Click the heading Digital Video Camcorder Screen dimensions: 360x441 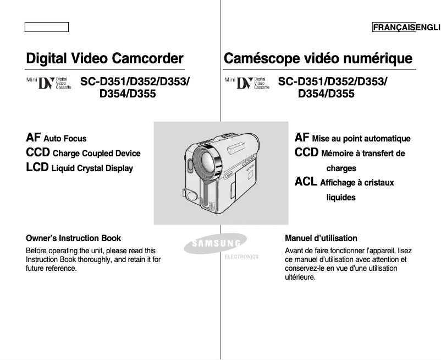point(104,58)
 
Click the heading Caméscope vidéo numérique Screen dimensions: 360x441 point(318,58)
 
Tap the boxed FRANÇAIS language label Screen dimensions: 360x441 point(394,28)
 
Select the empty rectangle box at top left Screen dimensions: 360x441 point(46,27)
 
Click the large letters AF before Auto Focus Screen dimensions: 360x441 point(33,138)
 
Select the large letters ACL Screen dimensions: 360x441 point(306,182)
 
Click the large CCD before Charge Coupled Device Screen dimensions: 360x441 point(38,152)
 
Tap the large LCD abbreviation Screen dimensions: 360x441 point(37,167)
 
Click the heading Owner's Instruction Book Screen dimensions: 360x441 point(73,238)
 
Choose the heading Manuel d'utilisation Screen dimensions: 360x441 point(321,238)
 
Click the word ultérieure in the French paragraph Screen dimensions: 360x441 point(300,277)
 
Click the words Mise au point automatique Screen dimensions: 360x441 point(361,139)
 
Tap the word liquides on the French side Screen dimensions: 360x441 point(341,197)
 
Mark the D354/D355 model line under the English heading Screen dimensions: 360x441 point(128,94)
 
